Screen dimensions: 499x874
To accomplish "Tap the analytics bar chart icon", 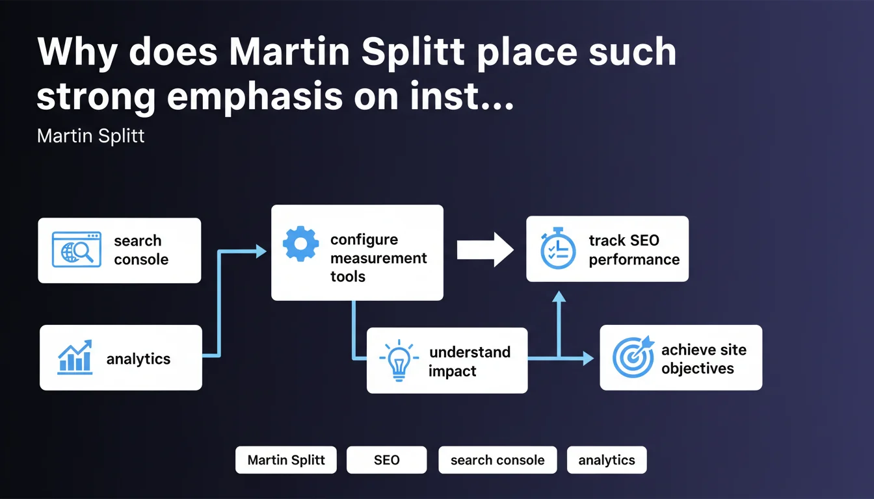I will tap(75, 357).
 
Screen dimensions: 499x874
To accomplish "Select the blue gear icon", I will tap(300, 244).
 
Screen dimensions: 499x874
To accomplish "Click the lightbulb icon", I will tap(399, 361).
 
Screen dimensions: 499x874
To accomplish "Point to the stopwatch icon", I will tap(558, 249).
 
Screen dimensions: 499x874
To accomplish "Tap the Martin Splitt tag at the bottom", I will tap(287, 460).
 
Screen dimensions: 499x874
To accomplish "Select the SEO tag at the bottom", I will tap(387, 460).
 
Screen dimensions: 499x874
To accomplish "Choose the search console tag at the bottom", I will tap(497, 460).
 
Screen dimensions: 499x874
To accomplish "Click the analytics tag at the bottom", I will tap(607, 460).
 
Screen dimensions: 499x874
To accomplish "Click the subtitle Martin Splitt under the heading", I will tap(91, 136).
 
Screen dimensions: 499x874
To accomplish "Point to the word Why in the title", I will tap(77, 52).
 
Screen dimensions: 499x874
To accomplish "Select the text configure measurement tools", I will tap(378, 258).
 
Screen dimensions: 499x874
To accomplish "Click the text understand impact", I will tap(470, 361).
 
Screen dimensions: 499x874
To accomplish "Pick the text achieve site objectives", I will tap(704, 359).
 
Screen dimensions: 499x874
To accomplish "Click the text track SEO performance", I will tap(634, 250).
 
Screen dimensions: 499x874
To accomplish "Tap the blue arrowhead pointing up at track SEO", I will tap(559, 297).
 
